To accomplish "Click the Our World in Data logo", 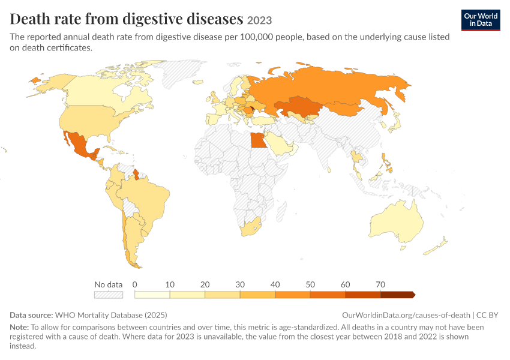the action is pyautogui.click(x=481, y=20).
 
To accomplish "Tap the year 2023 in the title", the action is pyautogui.click(x=259, y=20).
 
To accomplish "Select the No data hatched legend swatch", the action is pyautogui.click(x=109, y=295).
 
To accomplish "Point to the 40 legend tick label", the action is pyautogui.click(x=275, y=284).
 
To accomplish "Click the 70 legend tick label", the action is pyautogui.click(x=380, y=284).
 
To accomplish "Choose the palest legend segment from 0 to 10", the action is pyautogui.click(x=152, y=295).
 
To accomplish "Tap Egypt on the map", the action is pyautogui.click(x=257, y=140).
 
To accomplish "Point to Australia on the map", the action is pyautogui.click(x=397, y=221).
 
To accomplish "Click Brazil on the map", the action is pyautogui.click(x=146, y=199).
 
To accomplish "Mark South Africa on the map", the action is pyautogui.click(x=250, y=227).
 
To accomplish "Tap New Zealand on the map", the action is pyautogui.click(x=436, y=247).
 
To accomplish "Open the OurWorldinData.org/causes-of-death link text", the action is pyautogui.click(x=406, y=315).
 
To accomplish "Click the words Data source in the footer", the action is pyautogui.click(x=31, y=315).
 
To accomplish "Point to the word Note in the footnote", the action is pyautogui.click(x=19, y=327).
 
